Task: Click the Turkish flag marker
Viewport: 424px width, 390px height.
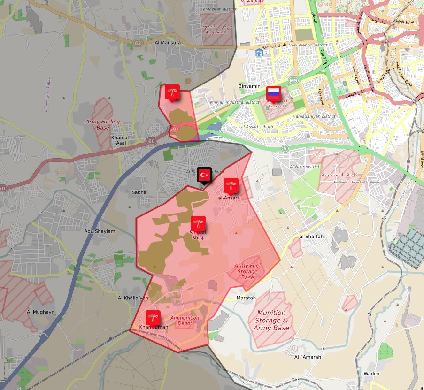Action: [204, 175]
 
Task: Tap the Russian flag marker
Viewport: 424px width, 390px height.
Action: [273, 93]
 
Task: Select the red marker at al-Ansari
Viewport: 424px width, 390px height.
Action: [231, 186]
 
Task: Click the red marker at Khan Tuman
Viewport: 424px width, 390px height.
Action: [153, 318]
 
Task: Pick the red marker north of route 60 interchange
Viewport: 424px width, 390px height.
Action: [172, 92]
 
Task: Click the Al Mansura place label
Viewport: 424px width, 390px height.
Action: [168, 43]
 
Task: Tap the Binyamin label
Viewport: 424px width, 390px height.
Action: [249, 86]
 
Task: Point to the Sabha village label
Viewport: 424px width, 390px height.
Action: [139, 192]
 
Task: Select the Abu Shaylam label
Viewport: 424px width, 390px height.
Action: [100, 231]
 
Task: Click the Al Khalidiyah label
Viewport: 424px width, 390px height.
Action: [133, 298]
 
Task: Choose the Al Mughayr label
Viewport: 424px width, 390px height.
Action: [40, 312]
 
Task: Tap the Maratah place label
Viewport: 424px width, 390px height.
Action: [247, 298]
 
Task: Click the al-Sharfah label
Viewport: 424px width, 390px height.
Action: [312, 237]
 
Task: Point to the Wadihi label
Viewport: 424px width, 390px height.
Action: [371, 374]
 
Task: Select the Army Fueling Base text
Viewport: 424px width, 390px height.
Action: [103, 124]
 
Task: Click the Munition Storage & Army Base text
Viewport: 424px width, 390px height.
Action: [271, 320]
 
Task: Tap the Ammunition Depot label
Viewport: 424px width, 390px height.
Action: [185, 321]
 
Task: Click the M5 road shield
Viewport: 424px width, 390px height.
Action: [293, 81]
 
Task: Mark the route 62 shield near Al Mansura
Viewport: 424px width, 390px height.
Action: [138, 43]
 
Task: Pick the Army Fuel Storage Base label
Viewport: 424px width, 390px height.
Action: [247, 271]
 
